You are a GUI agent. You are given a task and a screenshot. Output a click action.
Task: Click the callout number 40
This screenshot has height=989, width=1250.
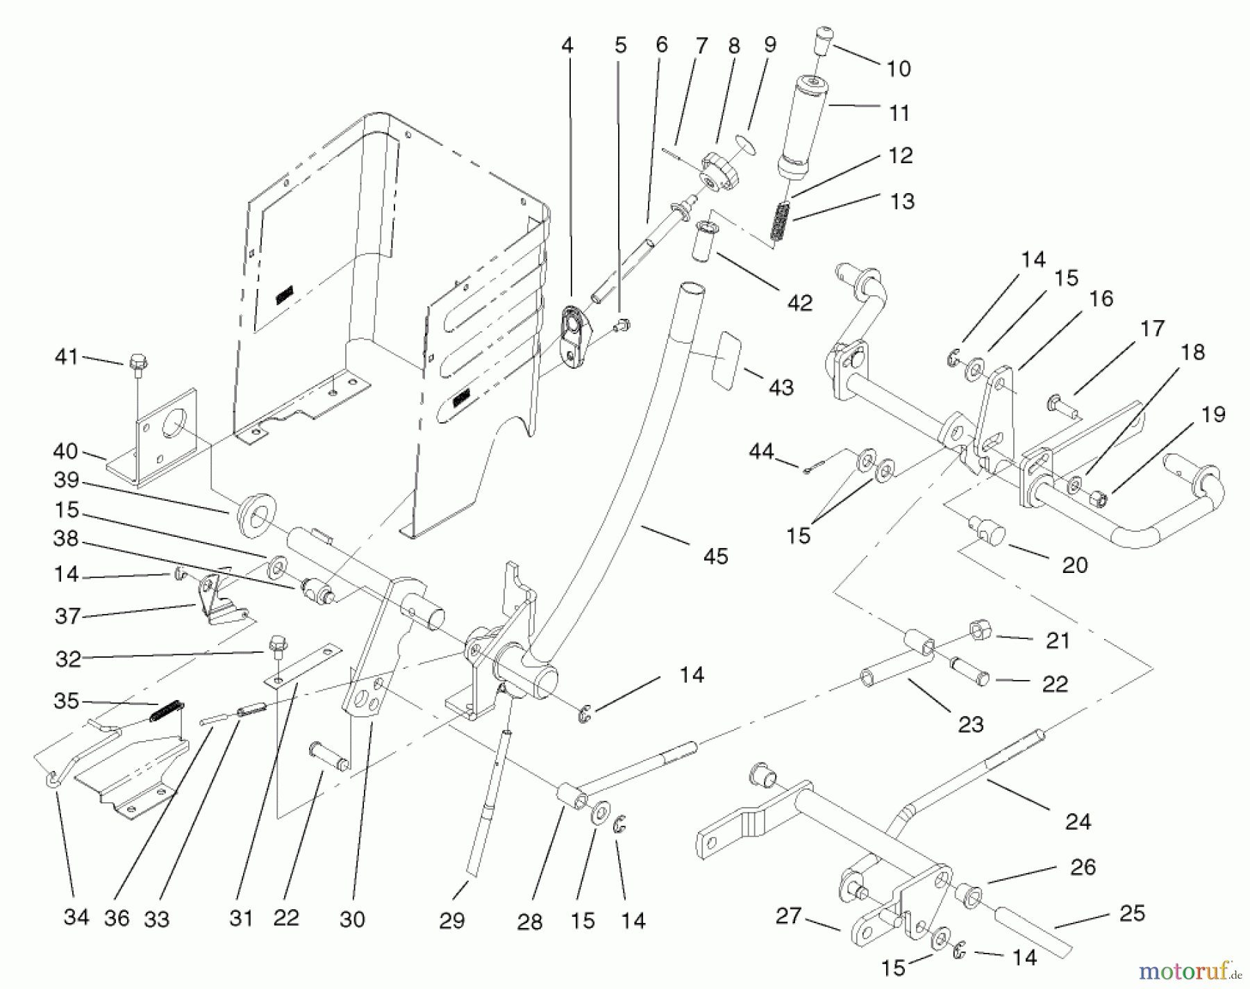65,451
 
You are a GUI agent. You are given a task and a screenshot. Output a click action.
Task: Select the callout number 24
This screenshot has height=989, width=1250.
1078,822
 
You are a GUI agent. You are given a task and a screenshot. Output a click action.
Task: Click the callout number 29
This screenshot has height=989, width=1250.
451,921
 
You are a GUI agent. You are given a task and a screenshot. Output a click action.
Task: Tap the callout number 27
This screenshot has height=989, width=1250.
788,916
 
